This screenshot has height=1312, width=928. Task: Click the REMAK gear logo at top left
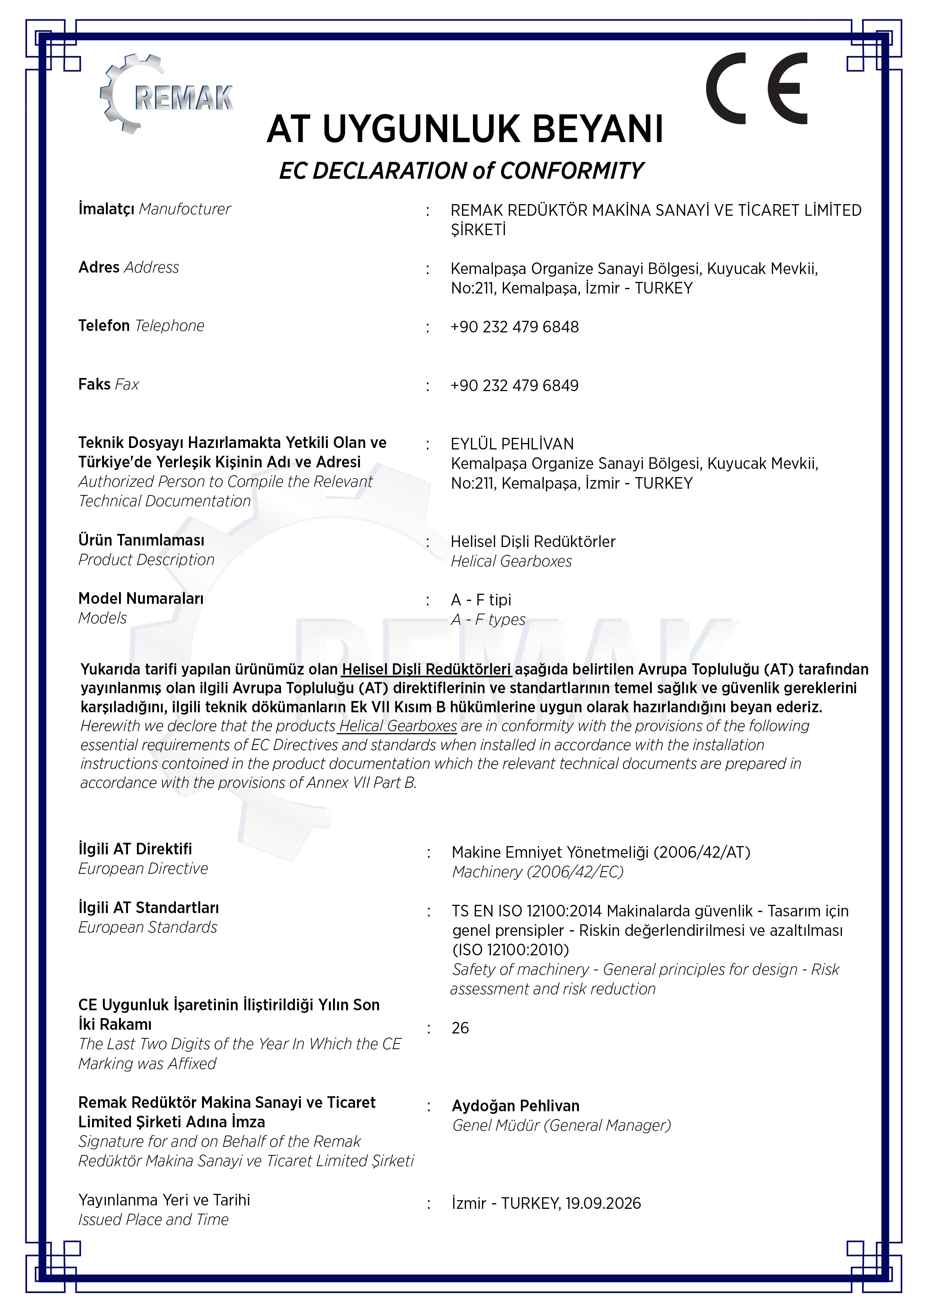click(166, 94)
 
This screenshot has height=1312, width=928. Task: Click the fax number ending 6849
click(515, 386)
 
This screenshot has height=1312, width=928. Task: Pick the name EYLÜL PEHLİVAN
click(512, 444)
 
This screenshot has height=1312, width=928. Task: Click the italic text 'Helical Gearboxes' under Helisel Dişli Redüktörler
click(511, 562)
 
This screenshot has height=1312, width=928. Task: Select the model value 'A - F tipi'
click(481, 600)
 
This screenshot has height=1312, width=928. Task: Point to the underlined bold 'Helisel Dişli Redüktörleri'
click(426, 669)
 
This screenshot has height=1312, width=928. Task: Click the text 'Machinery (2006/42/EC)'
click(537, 872)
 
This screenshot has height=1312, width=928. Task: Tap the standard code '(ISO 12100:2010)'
click(511, 950)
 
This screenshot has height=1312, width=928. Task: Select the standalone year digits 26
click(460, 1028)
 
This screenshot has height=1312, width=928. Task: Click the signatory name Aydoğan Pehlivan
click(516, 1106)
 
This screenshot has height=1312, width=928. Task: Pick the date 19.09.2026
click(603, 1204)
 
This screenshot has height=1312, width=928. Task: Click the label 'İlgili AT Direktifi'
click(135, 849)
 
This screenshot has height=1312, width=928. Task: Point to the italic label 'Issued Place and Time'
click(153, 1219)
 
